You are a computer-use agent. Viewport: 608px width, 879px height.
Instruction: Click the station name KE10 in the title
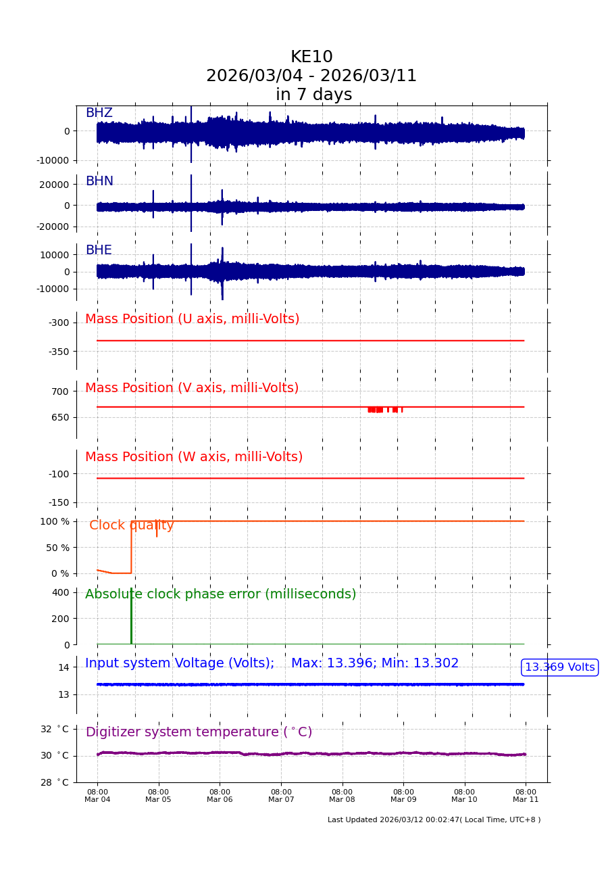click(x=311, y=57)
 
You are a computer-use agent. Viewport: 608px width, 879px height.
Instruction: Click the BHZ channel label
click(x=99, y=113)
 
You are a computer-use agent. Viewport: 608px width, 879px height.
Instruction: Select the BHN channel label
click(x=99, y=181)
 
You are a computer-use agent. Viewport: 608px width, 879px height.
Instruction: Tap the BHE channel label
click(x=99, y=250)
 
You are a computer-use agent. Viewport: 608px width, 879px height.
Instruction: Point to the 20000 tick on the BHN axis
click(x=55, y=184)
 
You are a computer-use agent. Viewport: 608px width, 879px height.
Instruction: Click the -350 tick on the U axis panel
click(x=58, y=352)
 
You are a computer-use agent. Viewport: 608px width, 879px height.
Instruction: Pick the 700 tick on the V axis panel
click(x=60, y=391)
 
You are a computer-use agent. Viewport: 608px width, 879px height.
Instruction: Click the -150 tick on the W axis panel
click(x=58, y=502)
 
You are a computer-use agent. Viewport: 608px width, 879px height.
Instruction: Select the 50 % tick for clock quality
click(x=57, y=548)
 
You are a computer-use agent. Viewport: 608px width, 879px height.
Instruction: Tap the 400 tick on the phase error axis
click(x=61, y=592)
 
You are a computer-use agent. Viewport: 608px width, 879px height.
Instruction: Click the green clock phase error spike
click(x=131, y=615)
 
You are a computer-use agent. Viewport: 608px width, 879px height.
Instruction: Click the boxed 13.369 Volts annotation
click(x=559, y=667)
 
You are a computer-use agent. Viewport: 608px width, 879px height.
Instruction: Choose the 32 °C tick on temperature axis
click(x=55, y=729)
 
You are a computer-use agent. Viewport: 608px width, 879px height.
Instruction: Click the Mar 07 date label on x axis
click(x=281, y=799)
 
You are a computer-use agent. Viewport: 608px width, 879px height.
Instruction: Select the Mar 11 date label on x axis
click(x=526, y=799)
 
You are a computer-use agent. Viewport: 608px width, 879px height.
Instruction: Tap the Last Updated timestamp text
click(x=434, y=819)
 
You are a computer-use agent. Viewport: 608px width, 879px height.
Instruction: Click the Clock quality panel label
click(x=132, y=525)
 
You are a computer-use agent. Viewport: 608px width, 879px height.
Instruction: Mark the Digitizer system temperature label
click(x=199, y=732)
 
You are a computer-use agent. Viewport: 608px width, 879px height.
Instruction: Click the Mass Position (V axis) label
click(x=192, y=388)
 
